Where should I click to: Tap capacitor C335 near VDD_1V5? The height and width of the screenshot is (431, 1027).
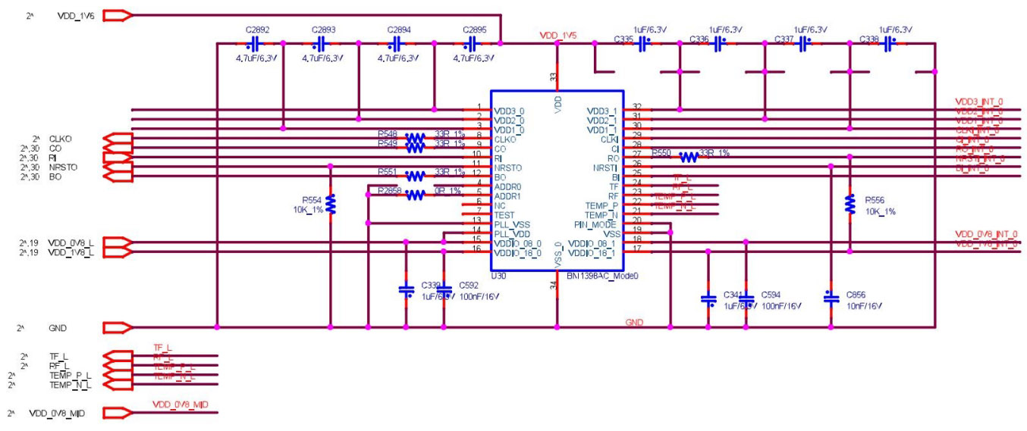point(642,44)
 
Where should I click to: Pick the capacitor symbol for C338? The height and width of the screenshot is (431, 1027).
point(888,44)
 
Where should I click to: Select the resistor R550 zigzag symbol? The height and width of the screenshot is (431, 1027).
point(689,157)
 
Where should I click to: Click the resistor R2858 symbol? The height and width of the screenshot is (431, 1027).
point(415,195)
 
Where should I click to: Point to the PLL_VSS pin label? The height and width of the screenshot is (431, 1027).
point(513,224)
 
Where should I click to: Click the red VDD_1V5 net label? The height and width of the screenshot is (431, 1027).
point(559,36)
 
